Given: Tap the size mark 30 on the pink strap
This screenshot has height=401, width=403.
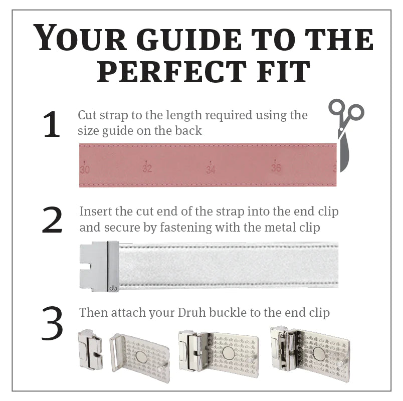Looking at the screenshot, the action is pos(85,169).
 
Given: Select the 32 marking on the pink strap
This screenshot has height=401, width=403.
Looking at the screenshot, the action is pos(147,168).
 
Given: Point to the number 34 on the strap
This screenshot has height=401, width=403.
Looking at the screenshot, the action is pos(211,169).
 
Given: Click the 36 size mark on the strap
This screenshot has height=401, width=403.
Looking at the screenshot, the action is pos(276,167).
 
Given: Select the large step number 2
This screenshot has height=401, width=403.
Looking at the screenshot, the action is pos(52,220).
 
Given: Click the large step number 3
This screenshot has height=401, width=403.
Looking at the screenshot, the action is pos(52,323).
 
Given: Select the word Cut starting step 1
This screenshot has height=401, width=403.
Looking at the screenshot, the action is pos(87,115).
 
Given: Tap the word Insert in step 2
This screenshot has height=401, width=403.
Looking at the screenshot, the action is pos(95,212).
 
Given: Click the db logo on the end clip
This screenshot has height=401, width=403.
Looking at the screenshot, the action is pos(113,288).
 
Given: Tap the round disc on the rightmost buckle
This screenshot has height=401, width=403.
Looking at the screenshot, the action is pos(319,354).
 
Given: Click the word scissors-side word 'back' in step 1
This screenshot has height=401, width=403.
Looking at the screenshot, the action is pos(188,131).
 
